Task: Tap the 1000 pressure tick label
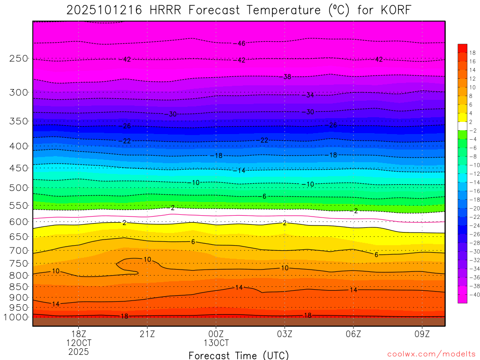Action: [16, 317]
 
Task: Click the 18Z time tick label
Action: [78, 334]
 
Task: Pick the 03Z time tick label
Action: [285, 334]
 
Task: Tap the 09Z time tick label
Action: [422, 334]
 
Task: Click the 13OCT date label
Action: [216, 343]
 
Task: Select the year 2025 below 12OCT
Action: [78, 351]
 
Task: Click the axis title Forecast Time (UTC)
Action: [239, 355]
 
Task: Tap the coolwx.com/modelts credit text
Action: [431, 354]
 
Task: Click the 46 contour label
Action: [241, 44]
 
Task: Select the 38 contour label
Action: [287, 76]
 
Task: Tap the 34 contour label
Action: [310, 95]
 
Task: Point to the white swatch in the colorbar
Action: [462, 126]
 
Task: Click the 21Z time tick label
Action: [147, 334]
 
